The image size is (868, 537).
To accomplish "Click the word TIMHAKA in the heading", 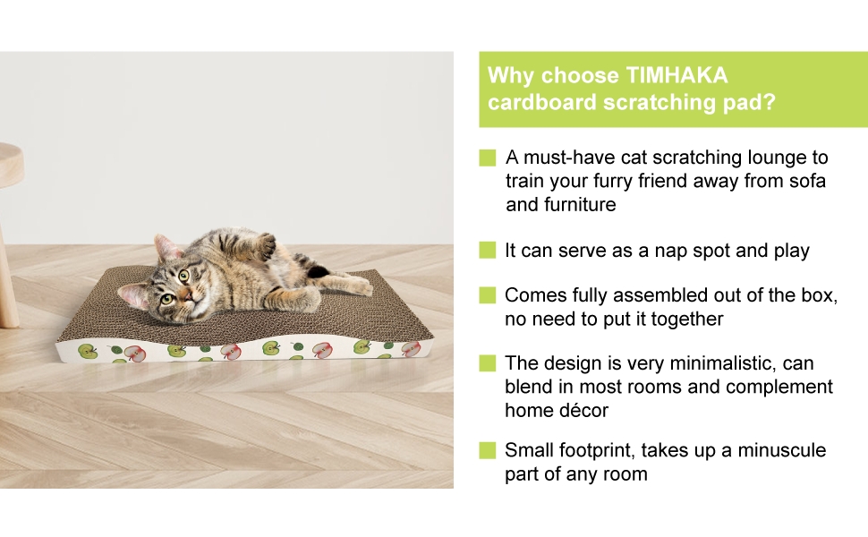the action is [676, 75].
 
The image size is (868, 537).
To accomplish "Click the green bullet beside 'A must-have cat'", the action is [488, 158].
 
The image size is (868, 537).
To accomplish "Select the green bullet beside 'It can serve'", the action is [488, 251].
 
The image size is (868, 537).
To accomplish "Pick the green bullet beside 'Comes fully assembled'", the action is [488, 295].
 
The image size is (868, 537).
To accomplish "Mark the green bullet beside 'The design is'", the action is [488, 363].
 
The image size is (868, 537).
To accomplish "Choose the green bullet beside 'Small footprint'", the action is [488, 450].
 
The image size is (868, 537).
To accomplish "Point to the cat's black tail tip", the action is [319, 271].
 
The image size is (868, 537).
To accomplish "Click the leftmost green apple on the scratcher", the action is [87, 351].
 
